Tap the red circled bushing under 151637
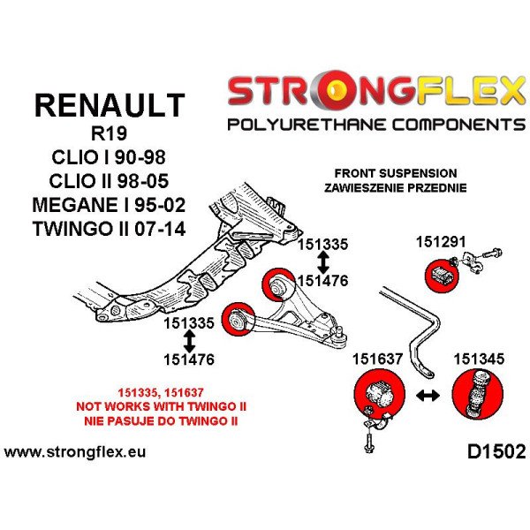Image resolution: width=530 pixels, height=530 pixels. click(377, 395)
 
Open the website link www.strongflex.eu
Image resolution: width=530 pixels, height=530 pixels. click(75, 453)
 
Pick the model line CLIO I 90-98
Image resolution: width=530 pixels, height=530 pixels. click(108, 159)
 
